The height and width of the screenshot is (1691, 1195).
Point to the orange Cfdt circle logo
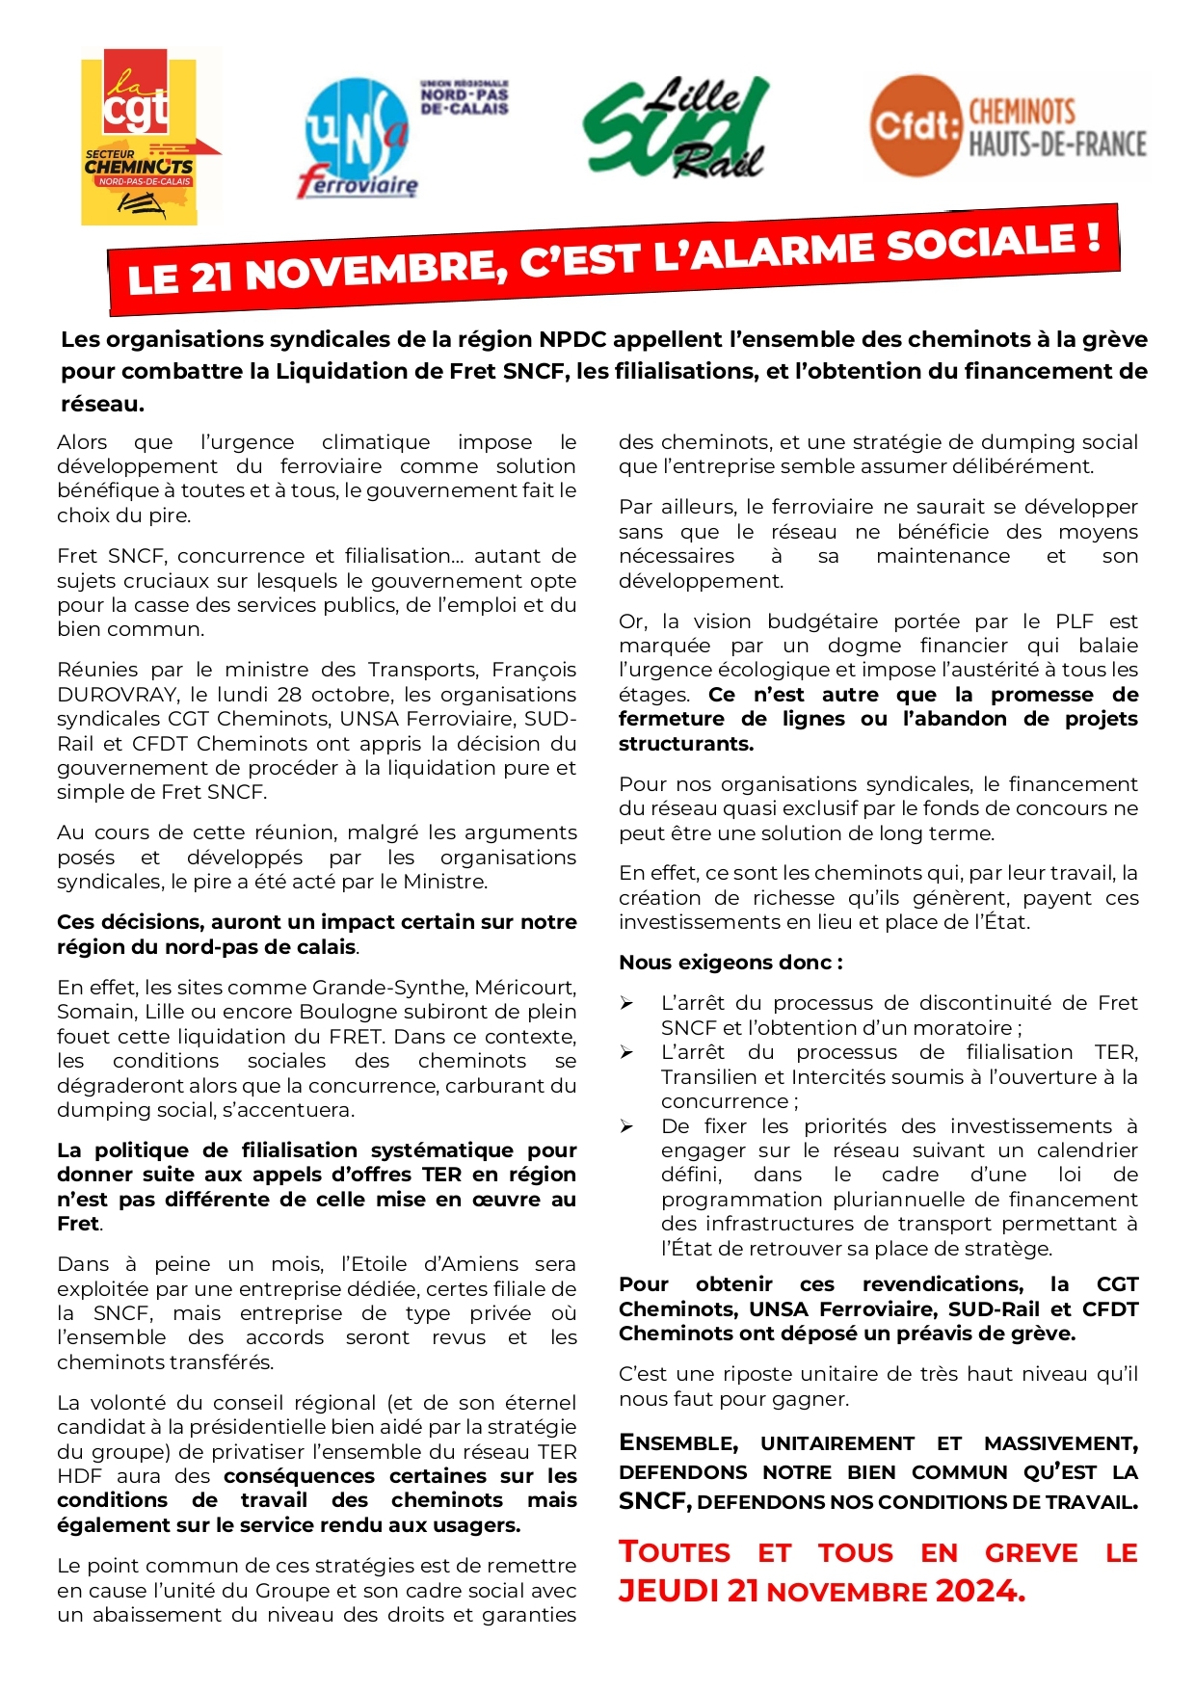(x=916, y=125)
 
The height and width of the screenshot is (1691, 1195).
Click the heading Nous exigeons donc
(x=730, y=963)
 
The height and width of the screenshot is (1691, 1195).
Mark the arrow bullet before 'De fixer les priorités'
(x=626, y=1126)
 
